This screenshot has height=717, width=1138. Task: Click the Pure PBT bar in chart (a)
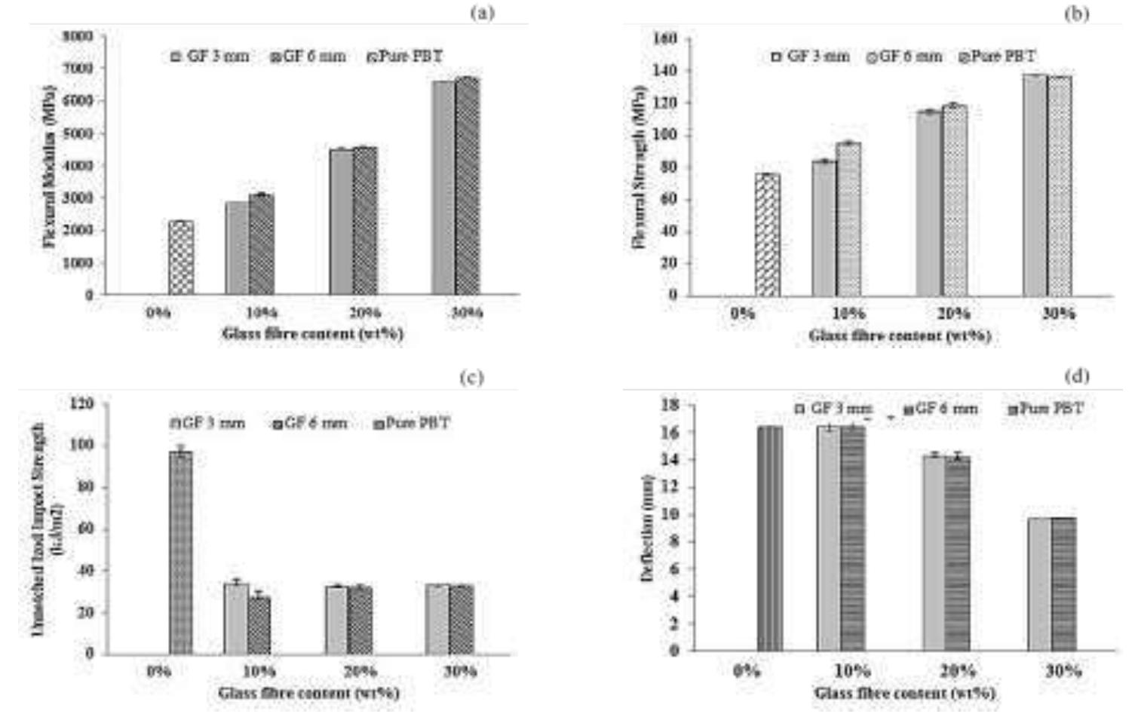point(181,258)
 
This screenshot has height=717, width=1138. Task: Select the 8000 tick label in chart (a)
point(78,36)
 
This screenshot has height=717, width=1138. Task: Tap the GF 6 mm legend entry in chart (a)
point(309,57)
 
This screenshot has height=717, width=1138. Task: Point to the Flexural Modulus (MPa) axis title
point(50,166)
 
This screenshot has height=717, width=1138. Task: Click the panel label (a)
point(483,13)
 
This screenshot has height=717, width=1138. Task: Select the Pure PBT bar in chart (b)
point(768,235)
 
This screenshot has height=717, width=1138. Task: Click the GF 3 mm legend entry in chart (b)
point(811,57)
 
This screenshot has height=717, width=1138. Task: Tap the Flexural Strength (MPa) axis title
point(640,166)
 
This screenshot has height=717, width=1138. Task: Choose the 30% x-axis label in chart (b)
point(1058,314)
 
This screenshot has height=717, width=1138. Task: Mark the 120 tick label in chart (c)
point(81,404)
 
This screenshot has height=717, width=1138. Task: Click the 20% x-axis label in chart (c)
point(360,671)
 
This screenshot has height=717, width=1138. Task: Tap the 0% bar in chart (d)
point(770,538)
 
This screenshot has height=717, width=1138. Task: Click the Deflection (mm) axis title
point(647,528)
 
